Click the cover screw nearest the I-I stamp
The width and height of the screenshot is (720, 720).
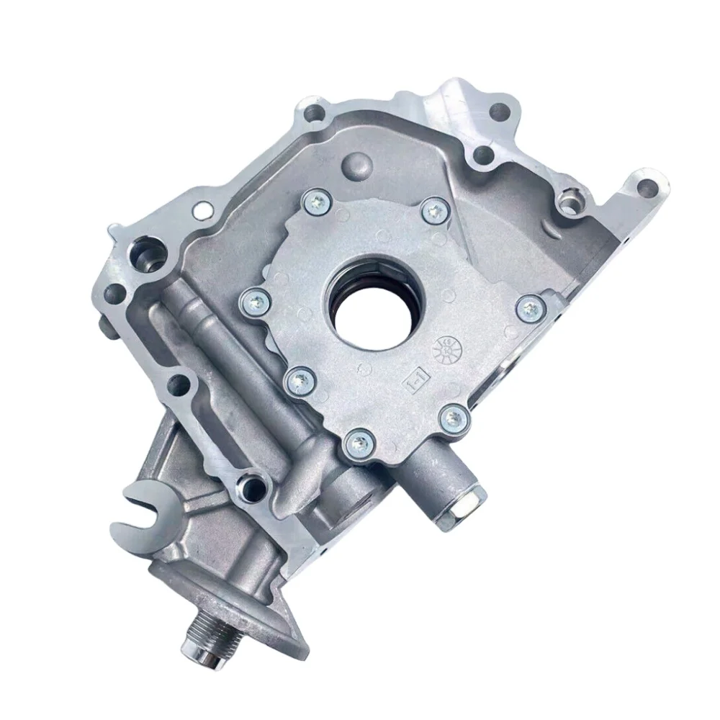(452, 415)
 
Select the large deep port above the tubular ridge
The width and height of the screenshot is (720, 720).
(143, 256)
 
